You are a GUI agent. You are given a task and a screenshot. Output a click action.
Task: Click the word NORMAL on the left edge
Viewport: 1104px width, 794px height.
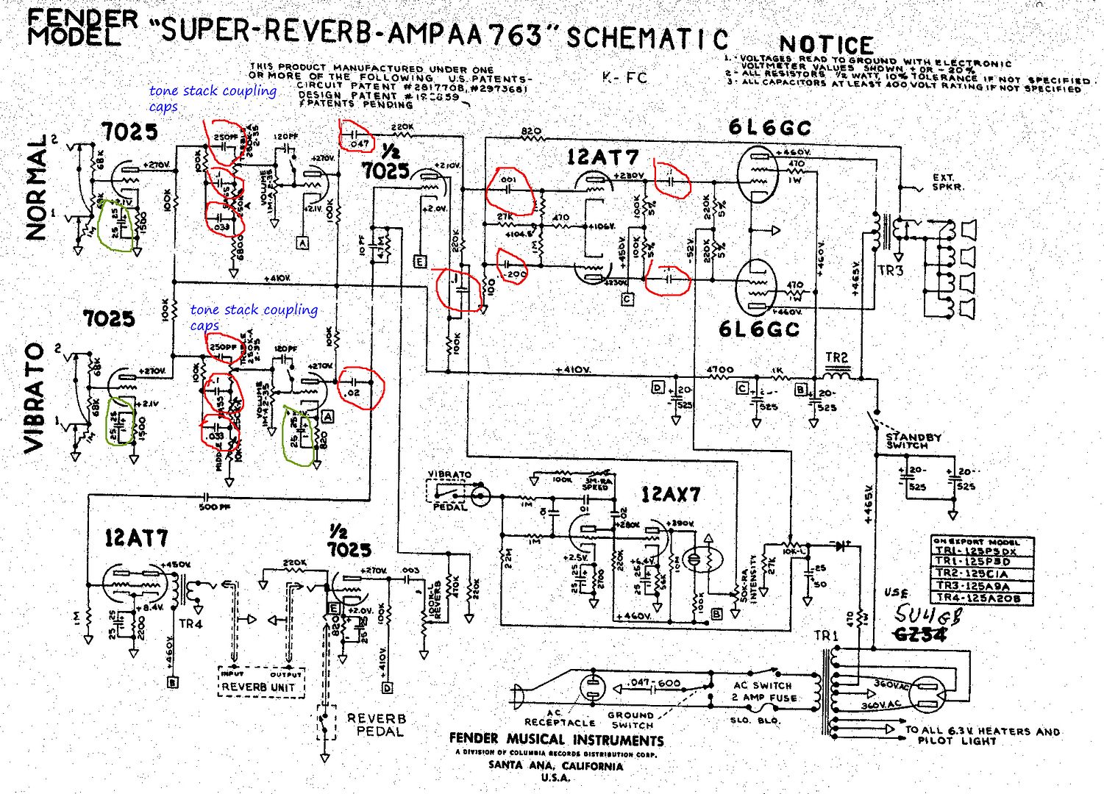[37, 187]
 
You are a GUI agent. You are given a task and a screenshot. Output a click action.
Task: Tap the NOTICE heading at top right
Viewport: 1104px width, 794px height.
[826, 45]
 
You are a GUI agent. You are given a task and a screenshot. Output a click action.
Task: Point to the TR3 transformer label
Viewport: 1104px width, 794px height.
[891, 271]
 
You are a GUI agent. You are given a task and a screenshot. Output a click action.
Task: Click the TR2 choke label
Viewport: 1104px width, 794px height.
[836, 358]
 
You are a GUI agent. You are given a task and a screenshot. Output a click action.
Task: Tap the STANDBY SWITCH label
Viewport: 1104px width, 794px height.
[913, 441]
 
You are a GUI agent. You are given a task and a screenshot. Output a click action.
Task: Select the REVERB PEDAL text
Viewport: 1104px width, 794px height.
[376, 725]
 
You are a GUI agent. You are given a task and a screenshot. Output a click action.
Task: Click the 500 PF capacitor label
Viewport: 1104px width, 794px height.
[214, 507]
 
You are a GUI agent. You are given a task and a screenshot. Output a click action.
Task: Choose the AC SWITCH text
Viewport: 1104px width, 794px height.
[763, 685]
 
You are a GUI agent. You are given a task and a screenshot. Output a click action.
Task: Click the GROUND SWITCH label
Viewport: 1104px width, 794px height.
[630, 719]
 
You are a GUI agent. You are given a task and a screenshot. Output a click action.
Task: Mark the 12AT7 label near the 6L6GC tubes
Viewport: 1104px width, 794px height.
[602, 157]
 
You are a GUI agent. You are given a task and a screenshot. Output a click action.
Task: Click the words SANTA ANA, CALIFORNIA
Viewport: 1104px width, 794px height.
[555, 765]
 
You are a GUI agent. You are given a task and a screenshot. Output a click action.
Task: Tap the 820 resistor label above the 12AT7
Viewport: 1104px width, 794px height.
[531, 132]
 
